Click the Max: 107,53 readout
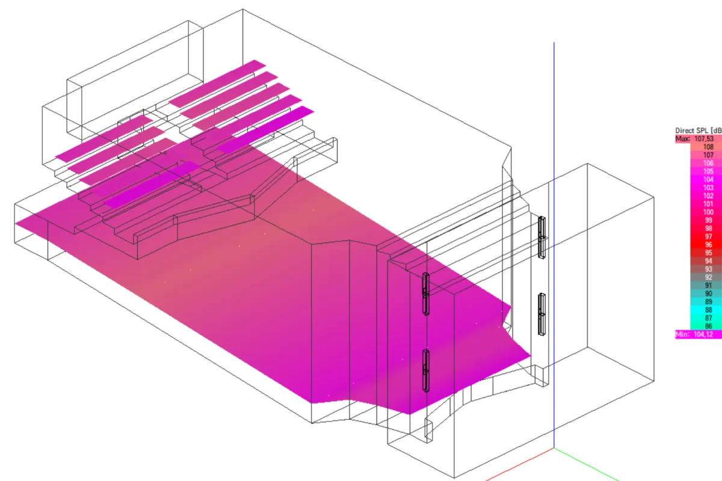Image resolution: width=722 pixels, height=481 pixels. (694, 139)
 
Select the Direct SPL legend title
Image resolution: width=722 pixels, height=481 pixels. (699, 130)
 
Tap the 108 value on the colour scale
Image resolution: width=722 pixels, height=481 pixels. (708, 147)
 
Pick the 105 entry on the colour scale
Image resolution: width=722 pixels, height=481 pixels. (708, 171)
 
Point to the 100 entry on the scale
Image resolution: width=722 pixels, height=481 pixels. (708, 212)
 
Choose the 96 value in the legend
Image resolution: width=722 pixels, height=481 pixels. (708, 245)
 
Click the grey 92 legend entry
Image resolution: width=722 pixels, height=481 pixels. (708, 277)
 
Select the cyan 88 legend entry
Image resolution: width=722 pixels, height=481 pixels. (708, 310)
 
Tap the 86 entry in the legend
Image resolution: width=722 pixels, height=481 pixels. (708, 326)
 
